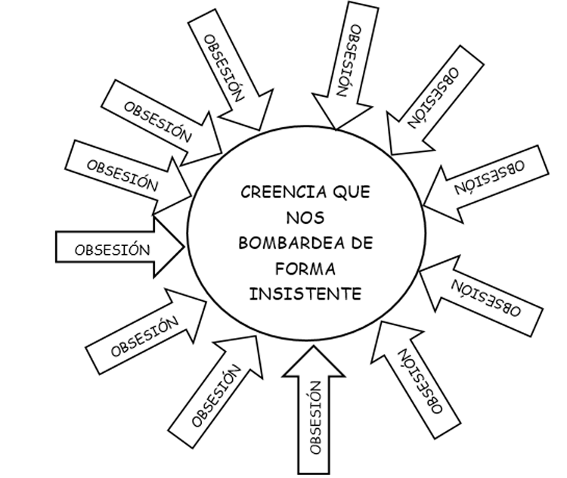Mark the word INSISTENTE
pyautogui.click(x=305, y=293)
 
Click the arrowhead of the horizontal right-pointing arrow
pyautogui.click(x=169, y=244)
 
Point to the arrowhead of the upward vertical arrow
pyautogui.click(x=314, y=362)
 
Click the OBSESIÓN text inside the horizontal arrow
pyautogui.click(x=113, y=248)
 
